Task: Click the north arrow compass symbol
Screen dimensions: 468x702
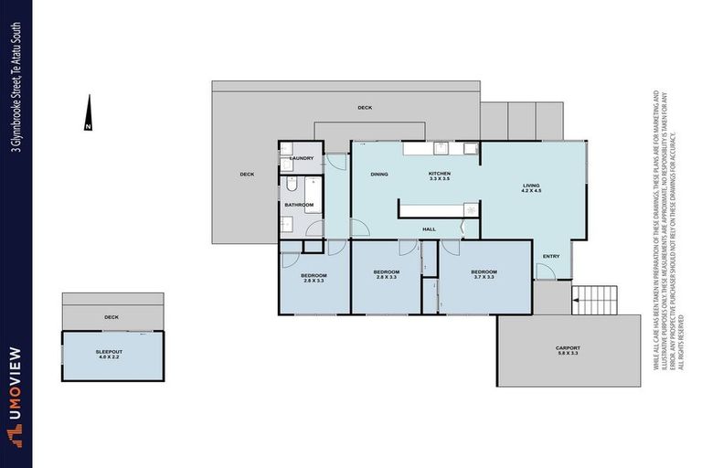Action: [88, 112]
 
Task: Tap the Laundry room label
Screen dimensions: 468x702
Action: [302, 158]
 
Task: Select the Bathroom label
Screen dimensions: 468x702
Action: [298, 205]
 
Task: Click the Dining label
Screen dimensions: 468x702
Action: [380, 174]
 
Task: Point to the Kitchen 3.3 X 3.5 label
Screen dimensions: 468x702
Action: [441, 176]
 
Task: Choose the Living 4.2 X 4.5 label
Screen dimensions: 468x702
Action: [531, 188]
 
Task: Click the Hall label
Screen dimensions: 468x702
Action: [429, 229]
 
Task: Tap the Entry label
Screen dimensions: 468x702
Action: [551, 256]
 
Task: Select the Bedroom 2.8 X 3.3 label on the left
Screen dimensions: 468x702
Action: [314, 278]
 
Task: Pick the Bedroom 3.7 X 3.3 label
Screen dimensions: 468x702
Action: [484, 274]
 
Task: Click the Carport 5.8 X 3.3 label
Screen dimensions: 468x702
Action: [568, 351]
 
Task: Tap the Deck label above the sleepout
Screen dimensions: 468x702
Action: [112, 317]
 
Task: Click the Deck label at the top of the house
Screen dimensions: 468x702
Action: [365, 108]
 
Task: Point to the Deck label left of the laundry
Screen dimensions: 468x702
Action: [247, 175]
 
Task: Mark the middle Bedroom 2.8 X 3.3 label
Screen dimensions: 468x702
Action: [386, 274]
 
